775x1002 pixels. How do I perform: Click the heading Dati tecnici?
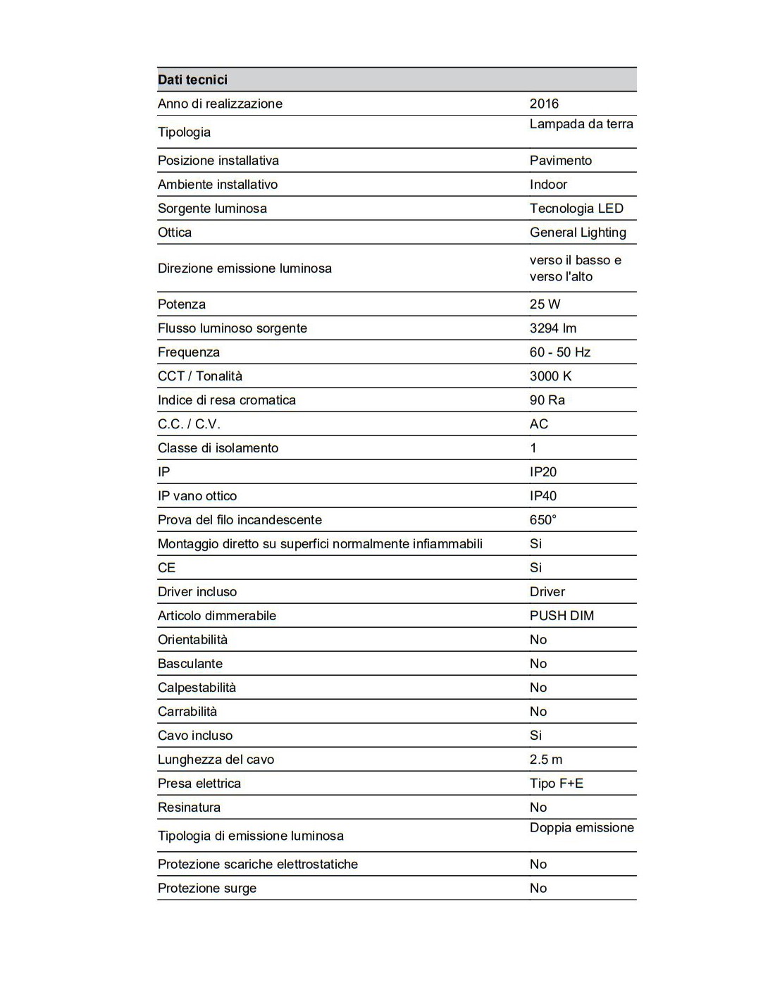pos(192,80)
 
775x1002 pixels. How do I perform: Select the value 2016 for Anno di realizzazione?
pos(544,104)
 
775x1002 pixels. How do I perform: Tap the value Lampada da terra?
pos(581,124)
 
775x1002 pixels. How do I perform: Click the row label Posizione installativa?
pos(218,161)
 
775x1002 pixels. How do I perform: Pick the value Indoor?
pos(548,185)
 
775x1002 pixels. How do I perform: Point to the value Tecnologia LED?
pos(576,209)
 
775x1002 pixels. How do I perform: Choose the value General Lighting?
pos(578,233)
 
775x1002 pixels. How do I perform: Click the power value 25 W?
pos(545,304)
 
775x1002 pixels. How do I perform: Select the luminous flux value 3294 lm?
pos(553,328)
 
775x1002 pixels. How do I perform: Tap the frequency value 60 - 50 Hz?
pos(560,352)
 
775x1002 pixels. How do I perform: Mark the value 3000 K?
pos(550,376)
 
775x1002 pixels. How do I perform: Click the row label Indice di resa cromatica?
pos(227,400)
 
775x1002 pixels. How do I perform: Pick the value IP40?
pos(543,496)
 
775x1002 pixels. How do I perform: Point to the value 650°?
pos(542,520)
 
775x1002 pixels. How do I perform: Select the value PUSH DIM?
pos(562,616)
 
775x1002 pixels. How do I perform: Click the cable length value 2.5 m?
pos(546,760)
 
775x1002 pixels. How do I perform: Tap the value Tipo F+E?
pos(557,784)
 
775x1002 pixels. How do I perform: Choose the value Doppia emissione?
pos(582,828)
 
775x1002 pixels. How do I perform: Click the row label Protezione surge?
pos(207,889)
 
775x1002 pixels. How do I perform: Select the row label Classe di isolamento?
pos(218,448)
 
